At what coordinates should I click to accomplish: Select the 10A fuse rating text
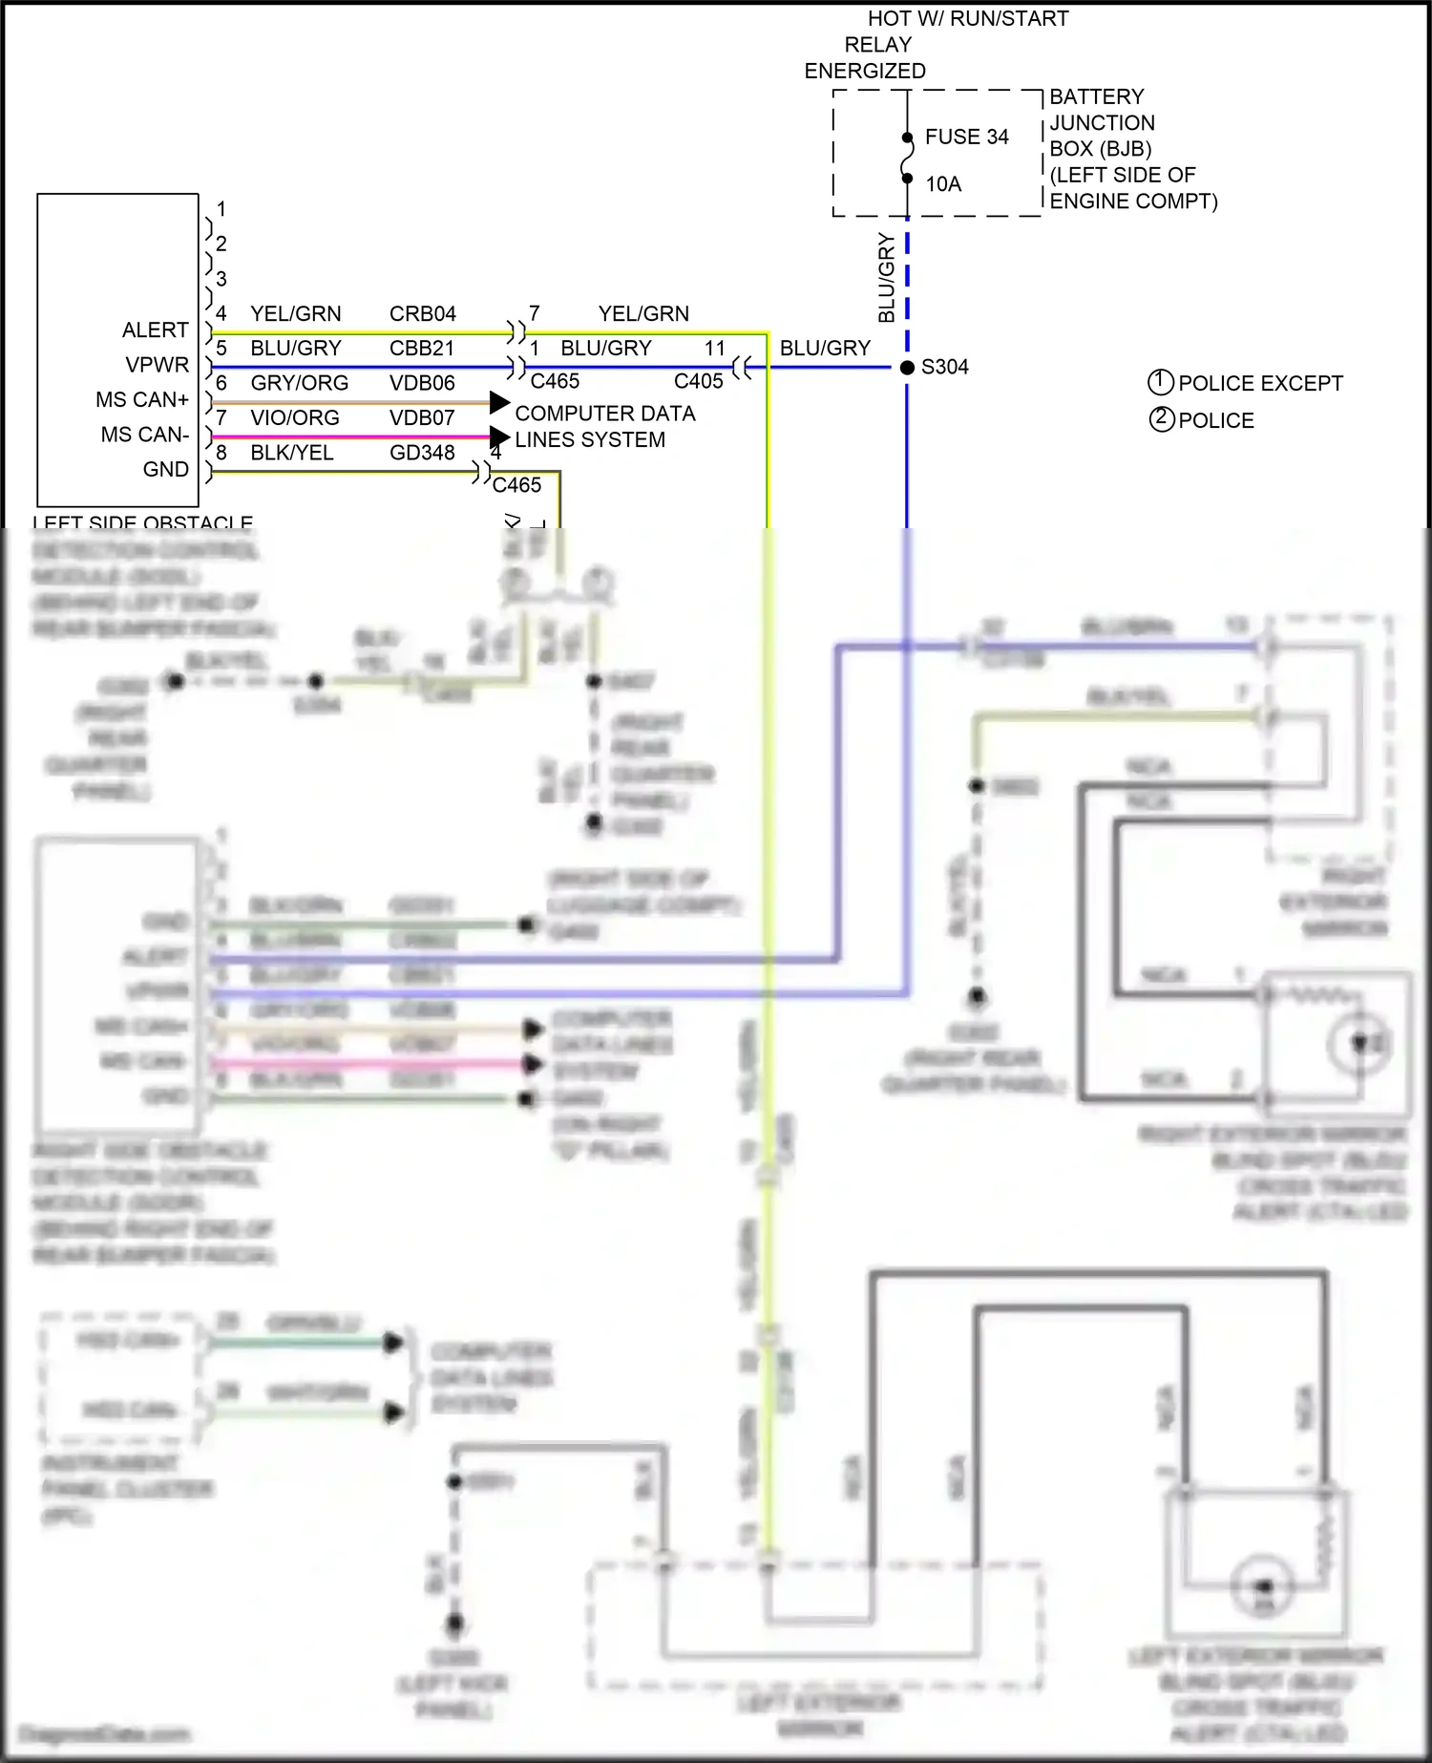tap(942, 183)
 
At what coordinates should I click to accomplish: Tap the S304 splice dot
tap(907, 367)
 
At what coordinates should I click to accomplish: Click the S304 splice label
tap(944, 367)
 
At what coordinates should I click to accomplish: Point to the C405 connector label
tap(698, 381)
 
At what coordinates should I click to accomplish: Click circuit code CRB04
tap(422, 313)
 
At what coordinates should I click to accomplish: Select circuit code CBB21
tap(421, 348)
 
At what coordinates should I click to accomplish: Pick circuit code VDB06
tap(421, 383)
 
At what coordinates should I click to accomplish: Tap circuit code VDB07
tap(421, 417)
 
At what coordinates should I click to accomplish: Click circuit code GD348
tap(421, 452)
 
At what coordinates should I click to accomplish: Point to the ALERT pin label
tap(155, 329)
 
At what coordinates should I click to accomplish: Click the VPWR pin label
tap(157, 365)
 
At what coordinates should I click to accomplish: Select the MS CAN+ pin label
tap(141, 399)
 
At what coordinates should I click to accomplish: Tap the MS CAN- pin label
tap(144, 435)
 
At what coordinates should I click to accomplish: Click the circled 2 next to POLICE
tap(1161, 419)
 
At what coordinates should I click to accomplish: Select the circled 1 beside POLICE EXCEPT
tap(1160, 382)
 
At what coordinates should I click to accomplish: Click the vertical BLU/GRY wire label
tap(887, 278)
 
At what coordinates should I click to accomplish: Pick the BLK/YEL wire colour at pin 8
tap(291, 452)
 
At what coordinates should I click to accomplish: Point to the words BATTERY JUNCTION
tap(1101, 110)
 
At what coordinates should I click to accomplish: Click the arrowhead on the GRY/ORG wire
tap(498, 402)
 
